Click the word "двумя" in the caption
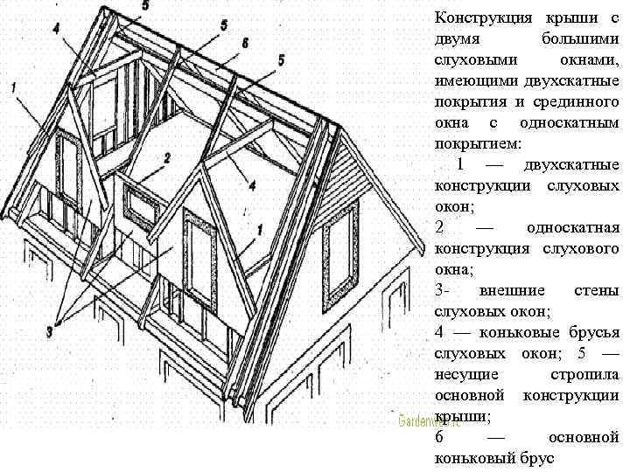[455, 39]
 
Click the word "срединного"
[577, 101]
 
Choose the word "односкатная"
[572, 227]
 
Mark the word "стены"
[598, 289]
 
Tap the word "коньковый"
[473, 457]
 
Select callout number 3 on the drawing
[52, 331]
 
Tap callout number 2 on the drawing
[167, 157]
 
